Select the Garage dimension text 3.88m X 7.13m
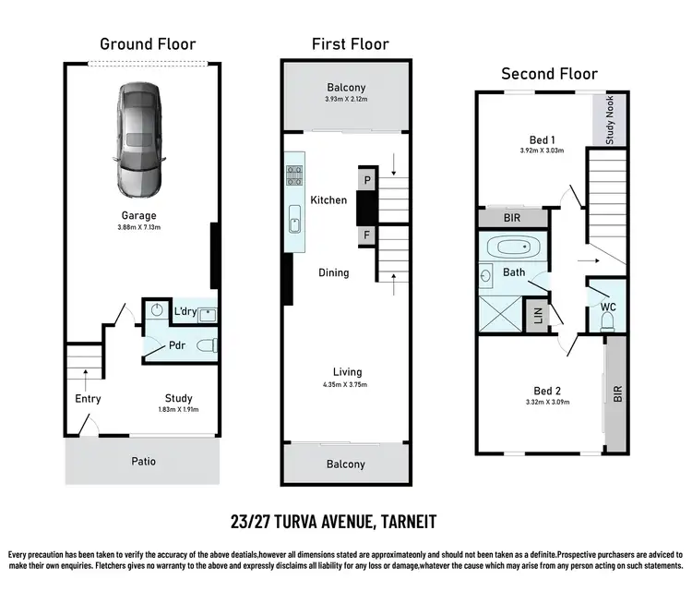(141, 228)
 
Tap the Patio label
(142, 461)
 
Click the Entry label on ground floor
(88, 399)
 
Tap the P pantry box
(366, 181)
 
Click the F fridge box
(366, 236)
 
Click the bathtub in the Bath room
(514, 248)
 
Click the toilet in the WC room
(607, 320)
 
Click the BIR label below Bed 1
(513, 219)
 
